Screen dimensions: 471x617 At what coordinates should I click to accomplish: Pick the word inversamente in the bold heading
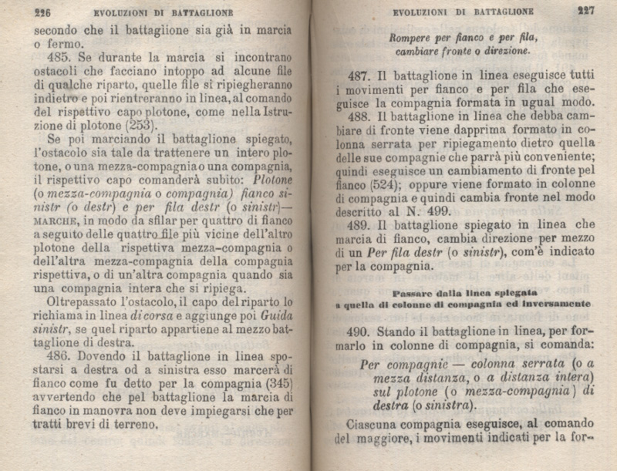560,304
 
